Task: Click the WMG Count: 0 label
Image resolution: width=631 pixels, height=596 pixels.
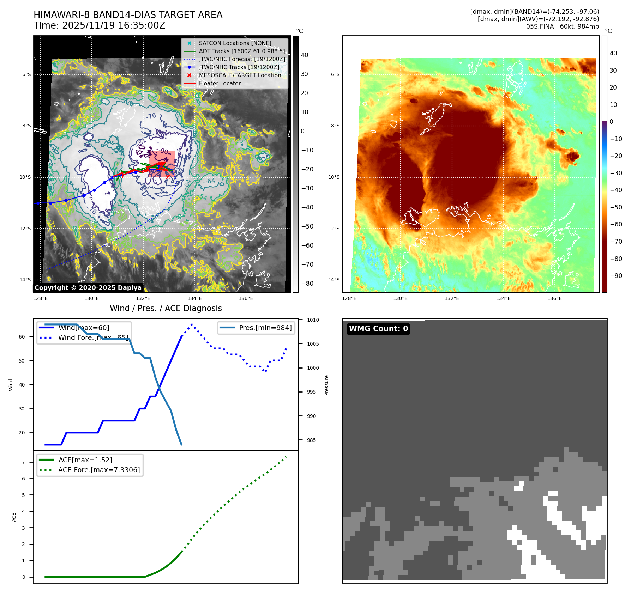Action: click(378, 329)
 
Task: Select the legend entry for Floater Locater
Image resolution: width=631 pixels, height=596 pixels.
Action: click(220, 84)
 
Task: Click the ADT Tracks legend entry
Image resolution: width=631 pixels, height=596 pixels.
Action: click(242, 51)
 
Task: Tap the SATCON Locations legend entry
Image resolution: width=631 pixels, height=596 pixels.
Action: click(235, 43)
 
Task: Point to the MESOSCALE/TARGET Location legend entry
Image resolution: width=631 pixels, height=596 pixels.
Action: click(240, 75)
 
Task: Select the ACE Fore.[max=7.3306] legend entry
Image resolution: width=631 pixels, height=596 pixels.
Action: click(99, 470)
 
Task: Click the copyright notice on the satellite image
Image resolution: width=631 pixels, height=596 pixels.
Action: click(88, 288)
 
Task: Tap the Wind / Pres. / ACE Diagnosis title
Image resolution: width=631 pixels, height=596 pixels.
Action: click(166, 308)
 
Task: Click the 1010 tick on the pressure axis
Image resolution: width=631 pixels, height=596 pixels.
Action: click(313, 320)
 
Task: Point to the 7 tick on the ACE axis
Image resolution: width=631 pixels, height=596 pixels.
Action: click(24, 462)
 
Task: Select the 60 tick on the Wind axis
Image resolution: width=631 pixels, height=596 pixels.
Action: click(22, 337)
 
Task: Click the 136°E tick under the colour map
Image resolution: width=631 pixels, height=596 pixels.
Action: click(554, 298)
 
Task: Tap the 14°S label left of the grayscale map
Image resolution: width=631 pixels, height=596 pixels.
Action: click(25, 280)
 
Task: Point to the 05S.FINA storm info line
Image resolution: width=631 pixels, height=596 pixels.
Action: click(562, 26)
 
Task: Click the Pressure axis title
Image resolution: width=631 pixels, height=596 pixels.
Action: click(326, 385)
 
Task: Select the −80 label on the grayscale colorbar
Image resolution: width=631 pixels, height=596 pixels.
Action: click(307, 284)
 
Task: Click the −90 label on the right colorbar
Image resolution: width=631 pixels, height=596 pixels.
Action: click(616, 276)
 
